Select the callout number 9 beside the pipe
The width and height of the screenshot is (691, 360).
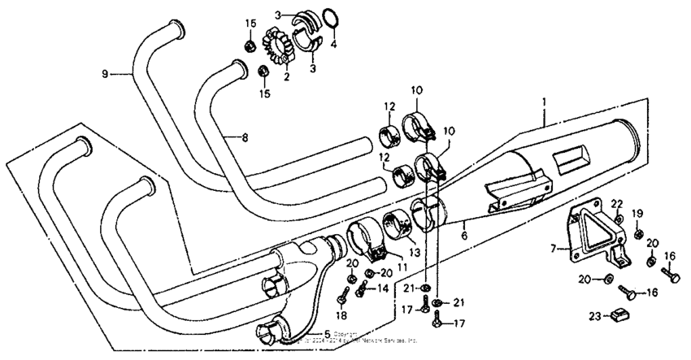tap(105, 75)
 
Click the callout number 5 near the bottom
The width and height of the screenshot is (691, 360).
tap(326, 332)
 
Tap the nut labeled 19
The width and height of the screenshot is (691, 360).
tap(638, 234)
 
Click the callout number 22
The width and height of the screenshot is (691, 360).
tap(617, 203)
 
